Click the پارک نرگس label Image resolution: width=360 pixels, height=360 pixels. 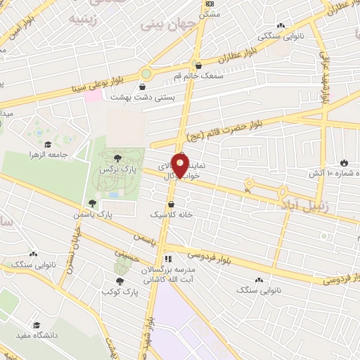click(x=117, y=169)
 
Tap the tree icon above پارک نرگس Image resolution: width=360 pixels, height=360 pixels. click(x=117, y=157)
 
